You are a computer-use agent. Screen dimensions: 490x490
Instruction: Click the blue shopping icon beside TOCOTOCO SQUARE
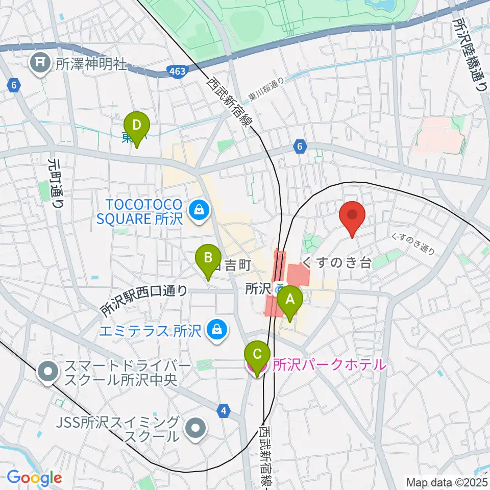coord(196,209)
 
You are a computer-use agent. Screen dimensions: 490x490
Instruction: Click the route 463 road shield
coord(177,73)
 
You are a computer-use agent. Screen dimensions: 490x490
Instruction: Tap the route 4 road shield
coord(223,409)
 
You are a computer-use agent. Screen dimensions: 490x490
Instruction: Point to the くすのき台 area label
coord(337,263)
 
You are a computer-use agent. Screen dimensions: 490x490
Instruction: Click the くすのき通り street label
coord(413,244)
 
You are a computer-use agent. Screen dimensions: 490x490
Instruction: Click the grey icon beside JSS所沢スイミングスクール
coord(195,428)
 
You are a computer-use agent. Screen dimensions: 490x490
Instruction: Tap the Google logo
coord(34,478)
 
